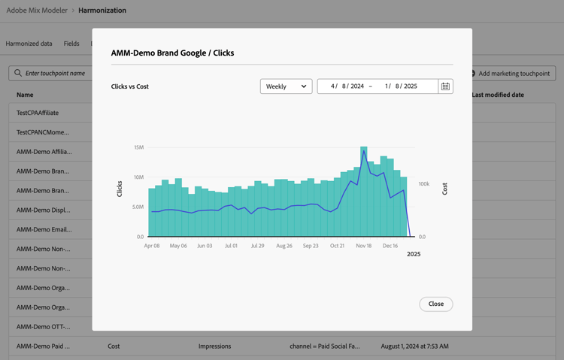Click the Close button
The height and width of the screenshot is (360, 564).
435,304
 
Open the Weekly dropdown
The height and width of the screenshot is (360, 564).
286,86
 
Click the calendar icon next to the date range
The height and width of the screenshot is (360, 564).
445,86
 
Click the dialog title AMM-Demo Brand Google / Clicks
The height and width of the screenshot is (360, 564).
172,53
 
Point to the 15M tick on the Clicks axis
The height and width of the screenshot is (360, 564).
138,147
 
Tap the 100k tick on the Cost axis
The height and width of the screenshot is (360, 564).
424,184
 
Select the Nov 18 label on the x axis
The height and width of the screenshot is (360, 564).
364,246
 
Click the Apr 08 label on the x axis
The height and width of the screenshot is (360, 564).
152,246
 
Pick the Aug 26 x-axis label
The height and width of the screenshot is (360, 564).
284,246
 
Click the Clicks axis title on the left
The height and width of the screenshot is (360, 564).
120,189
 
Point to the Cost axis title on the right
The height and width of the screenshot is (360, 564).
444,189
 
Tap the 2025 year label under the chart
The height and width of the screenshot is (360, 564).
414,254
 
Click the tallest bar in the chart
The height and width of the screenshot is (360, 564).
364,192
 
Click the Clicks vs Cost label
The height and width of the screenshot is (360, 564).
130,86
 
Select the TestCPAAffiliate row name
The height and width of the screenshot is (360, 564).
38,113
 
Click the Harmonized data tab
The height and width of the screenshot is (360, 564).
29,44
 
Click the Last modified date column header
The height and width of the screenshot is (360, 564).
498,95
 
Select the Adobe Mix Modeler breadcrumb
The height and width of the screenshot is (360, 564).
36,11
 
